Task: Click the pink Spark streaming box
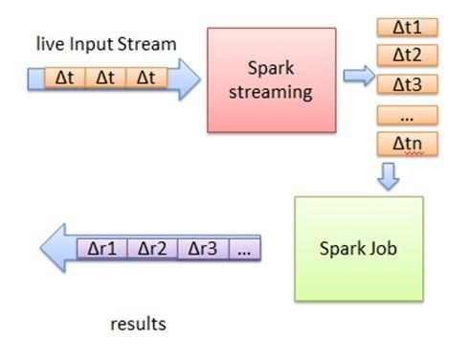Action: coord(272,79)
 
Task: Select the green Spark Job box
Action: coord(358,248)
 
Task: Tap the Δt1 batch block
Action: coord(407,27)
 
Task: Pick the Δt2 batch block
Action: coord(407,55)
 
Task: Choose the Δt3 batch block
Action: coord(407,83)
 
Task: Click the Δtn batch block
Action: coord(407,145)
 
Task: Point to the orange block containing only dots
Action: coord(407,115)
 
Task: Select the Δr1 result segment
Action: coord(101,249)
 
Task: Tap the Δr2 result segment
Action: coord(152,249)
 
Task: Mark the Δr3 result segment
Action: coord(202,249)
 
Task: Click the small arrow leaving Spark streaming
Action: coord(359,77)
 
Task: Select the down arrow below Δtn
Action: coord(388,175)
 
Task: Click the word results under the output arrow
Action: coord(138,325)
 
